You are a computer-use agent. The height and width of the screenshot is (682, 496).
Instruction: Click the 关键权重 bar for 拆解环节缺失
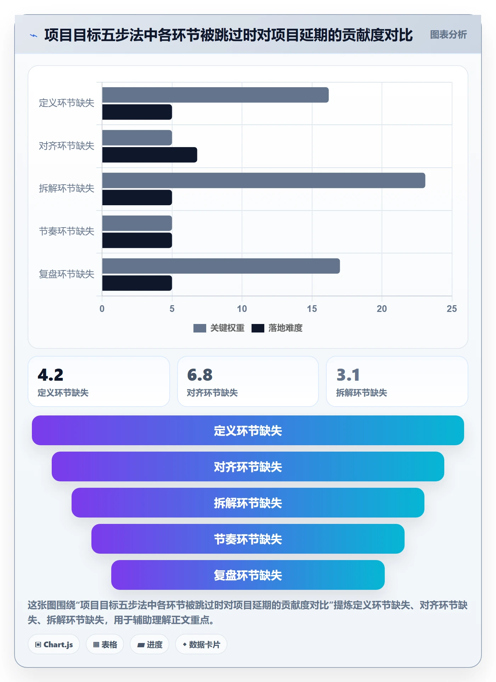[264, 180]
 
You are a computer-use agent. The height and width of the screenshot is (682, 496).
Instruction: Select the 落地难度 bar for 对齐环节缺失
[150, 155]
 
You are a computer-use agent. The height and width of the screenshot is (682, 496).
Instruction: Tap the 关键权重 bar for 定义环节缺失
[215, 95]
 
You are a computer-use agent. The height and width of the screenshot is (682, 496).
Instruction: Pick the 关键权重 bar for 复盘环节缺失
[221, 266]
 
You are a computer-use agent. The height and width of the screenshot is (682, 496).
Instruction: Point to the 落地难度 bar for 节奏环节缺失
[137, 240]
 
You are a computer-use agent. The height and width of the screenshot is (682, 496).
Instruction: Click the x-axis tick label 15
[312, 309]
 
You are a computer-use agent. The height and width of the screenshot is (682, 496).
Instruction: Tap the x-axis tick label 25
[452, 309]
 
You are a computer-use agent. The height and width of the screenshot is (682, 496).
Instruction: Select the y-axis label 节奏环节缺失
[67, 231]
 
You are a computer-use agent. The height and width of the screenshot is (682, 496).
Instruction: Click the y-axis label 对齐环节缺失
[67, 146]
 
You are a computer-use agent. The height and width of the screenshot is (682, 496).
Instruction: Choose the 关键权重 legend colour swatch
[199, 328]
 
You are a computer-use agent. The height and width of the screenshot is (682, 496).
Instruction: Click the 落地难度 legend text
[286, 328]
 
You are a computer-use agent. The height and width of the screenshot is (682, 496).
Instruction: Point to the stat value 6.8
[200, 375]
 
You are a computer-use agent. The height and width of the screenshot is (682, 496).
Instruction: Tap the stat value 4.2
[51, 375]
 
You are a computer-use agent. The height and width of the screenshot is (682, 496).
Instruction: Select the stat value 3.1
[348, 375]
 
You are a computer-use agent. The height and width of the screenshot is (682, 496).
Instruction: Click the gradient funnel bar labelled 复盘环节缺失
[248, 575]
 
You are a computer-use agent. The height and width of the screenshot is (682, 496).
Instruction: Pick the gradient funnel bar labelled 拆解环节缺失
[248, 503]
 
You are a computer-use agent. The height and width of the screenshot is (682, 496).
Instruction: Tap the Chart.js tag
[54, 644]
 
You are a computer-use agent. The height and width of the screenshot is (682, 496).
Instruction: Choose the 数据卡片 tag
[201, 644]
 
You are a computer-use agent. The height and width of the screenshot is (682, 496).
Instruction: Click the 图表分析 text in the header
[449, 35]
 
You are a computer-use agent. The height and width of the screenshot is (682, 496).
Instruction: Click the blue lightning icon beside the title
[34, 35]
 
